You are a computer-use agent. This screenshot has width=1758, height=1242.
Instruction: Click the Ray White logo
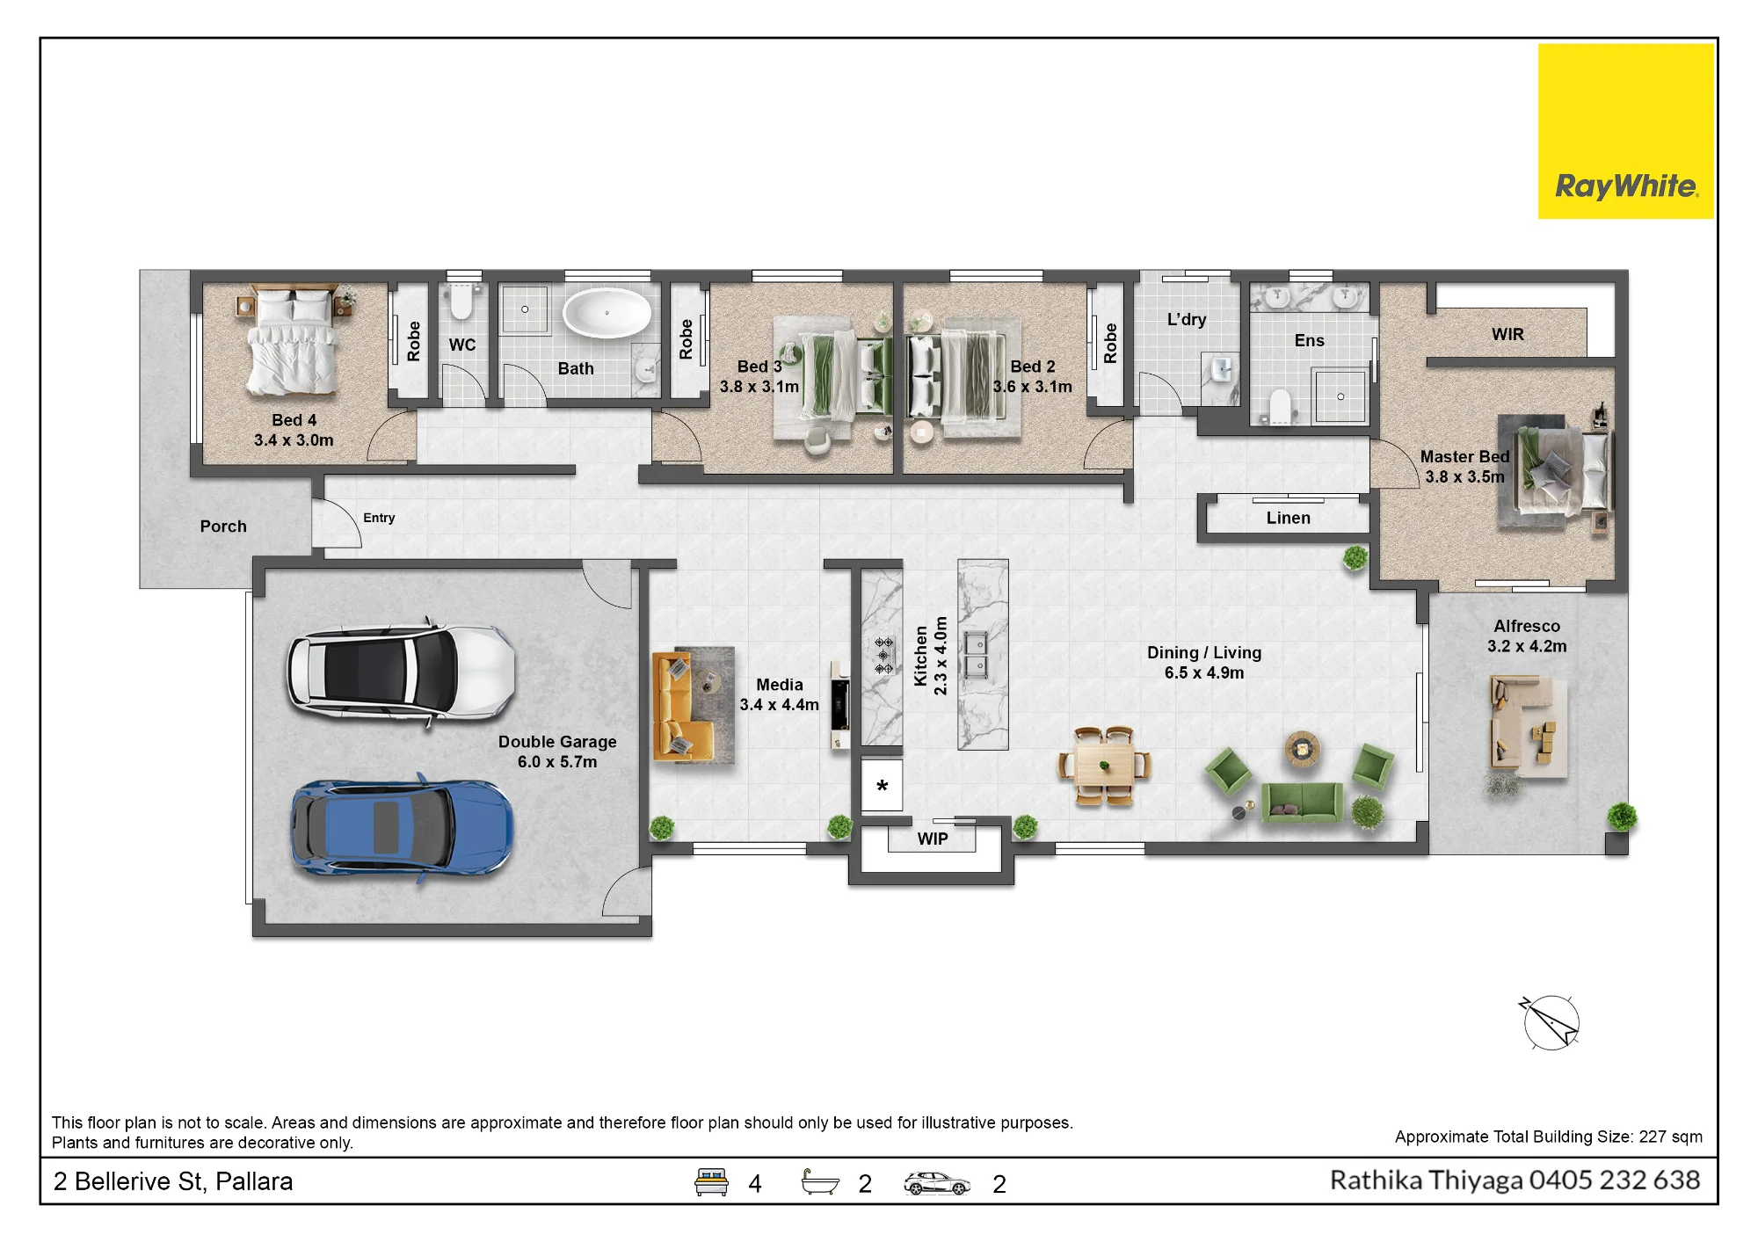click(1625, 132)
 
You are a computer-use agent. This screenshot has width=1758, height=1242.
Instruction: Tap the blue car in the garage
click(403, 828)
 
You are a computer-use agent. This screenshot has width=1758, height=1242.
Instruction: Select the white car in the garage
click(402, 673)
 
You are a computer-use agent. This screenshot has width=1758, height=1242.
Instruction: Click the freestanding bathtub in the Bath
click(607, 313)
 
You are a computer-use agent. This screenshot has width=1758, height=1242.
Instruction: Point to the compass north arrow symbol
click(1551, 1022)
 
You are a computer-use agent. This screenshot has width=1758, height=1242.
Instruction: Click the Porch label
click(223, 527)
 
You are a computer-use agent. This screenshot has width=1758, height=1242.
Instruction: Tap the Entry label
click(379, 518)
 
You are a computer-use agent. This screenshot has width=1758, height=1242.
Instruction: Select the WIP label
click(933, 839)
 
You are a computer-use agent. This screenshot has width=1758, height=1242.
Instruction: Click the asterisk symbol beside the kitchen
click(882, 787)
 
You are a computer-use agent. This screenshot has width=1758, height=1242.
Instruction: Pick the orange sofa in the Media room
click(681, 707)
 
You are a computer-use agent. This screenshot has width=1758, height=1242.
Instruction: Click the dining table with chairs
click(1105, 766)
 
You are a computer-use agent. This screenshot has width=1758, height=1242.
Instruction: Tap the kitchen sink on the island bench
click(976, 655)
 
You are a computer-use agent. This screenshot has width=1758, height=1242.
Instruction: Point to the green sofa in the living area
click(1302, 802)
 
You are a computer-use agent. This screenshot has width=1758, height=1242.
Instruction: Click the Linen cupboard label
click(1289, 519)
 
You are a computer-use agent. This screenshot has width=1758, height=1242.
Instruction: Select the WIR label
click(1507, 335)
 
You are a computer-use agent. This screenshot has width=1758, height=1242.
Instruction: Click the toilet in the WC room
click(461, 301)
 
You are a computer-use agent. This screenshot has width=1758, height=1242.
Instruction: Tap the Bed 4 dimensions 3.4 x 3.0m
click(294, 440)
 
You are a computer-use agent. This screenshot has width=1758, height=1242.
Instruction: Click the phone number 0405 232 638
click(1615, 1180)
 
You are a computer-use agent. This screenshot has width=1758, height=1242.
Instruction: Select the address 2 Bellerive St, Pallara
click(173, 1181)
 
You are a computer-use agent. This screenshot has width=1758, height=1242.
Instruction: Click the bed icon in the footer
click(711, 1182)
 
